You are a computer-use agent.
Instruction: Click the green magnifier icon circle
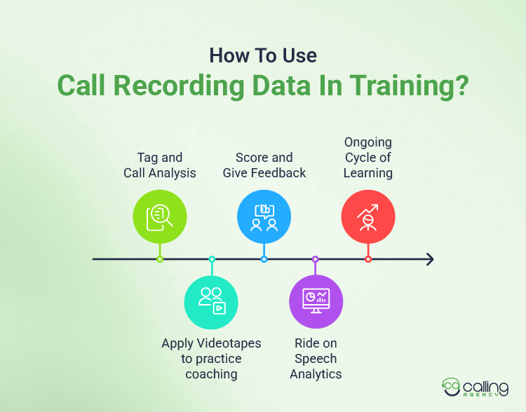tap(160, 217)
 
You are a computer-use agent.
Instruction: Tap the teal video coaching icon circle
tap(211, 302)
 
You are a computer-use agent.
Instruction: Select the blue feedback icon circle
tap(264, 217)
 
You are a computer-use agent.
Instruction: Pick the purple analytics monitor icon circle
tap(316, 302)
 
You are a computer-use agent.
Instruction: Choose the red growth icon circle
tap(368, 217)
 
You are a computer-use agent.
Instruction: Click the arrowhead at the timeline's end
tap(429, 259)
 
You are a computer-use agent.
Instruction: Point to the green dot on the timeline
tap(160, 259)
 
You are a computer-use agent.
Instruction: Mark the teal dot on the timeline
tap(212, 259)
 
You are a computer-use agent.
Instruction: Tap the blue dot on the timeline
tap(264, 259)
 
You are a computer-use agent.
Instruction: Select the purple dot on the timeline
tap(316, 259)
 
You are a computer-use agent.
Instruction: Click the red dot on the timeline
tap(368, 259)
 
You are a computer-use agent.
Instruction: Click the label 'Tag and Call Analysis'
tap(159, 165)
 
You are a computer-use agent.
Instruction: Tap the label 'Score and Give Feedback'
tap(264, 165)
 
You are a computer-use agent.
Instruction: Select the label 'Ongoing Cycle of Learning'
tap(367, 158)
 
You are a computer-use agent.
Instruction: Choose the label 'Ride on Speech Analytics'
tap(316, 358)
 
